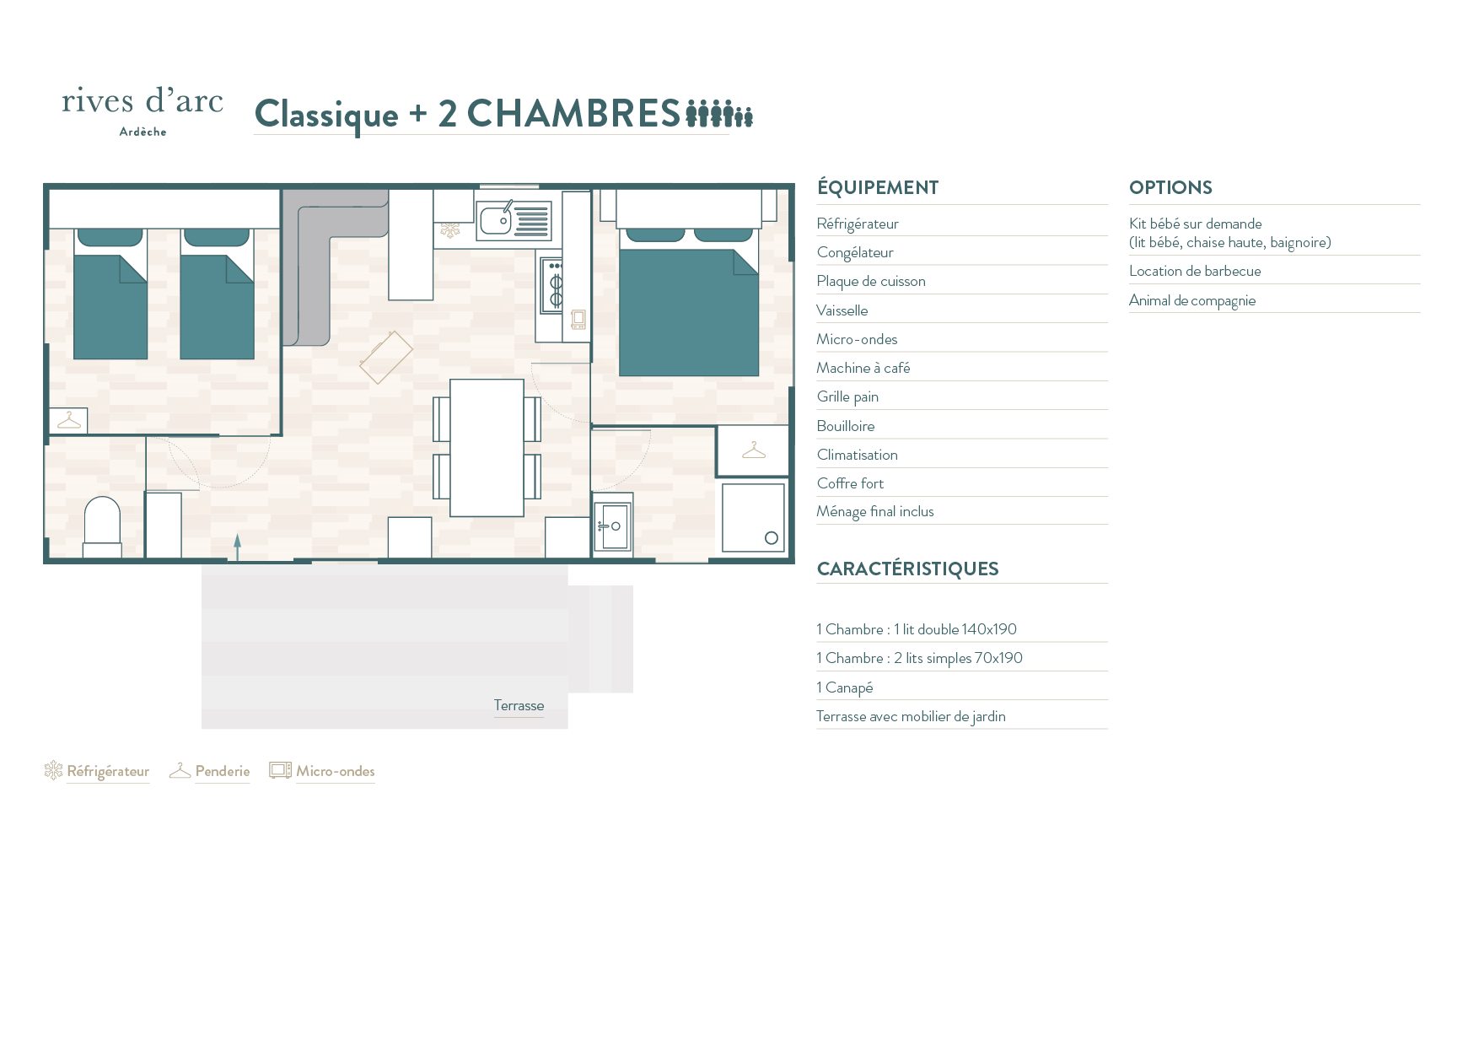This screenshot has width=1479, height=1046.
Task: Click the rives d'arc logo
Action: click(x=143, y=111)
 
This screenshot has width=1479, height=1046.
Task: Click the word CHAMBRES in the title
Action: click(x=573, y=113)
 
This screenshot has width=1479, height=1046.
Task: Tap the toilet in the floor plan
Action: click(x=102, y=526)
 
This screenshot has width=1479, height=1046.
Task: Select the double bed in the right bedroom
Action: click(x=689, y=302)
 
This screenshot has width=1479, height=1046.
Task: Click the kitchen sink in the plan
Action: click(x=514, y=220)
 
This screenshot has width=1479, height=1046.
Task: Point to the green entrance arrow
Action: click(x=238, y=547)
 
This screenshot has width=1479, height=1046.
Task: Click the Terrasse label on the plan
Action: click(x=519, y=705)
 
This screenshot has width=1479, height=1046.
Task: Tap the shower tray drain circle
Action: click(x=771, y=538)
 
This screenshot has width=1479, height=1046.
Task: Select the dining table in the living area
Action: click(x=487, y=448)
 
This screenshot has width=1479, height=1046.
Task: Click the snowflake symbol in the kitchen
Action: click(x=450, y=229)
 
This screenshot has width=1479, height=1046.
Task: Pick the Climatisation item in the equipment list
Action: click(x=857, y=455)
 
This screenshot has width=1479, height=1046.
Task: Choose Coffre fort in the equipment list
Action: click(x=850, y=483)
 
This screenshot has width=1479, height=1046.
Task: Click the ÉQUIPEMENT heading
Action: click(x=878, y=186)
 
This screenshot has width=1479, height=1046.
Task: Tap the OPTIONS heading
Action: click(x=1170, y=187)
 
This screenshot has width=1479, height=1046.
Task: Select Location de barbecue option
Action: click(x=1195, y=271)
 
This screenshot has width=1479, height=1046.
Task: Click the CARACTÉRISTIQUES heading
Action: click(x=907, y=569)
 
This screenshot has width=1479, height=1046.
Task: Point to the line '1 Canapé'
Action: click(x=844, y=687)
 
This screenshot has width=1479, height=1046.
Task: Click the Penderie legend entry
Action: click(x=210, y=771)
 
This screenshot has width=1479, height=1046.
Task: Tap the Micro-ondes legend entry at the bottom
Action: click(x=322, y=771)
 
